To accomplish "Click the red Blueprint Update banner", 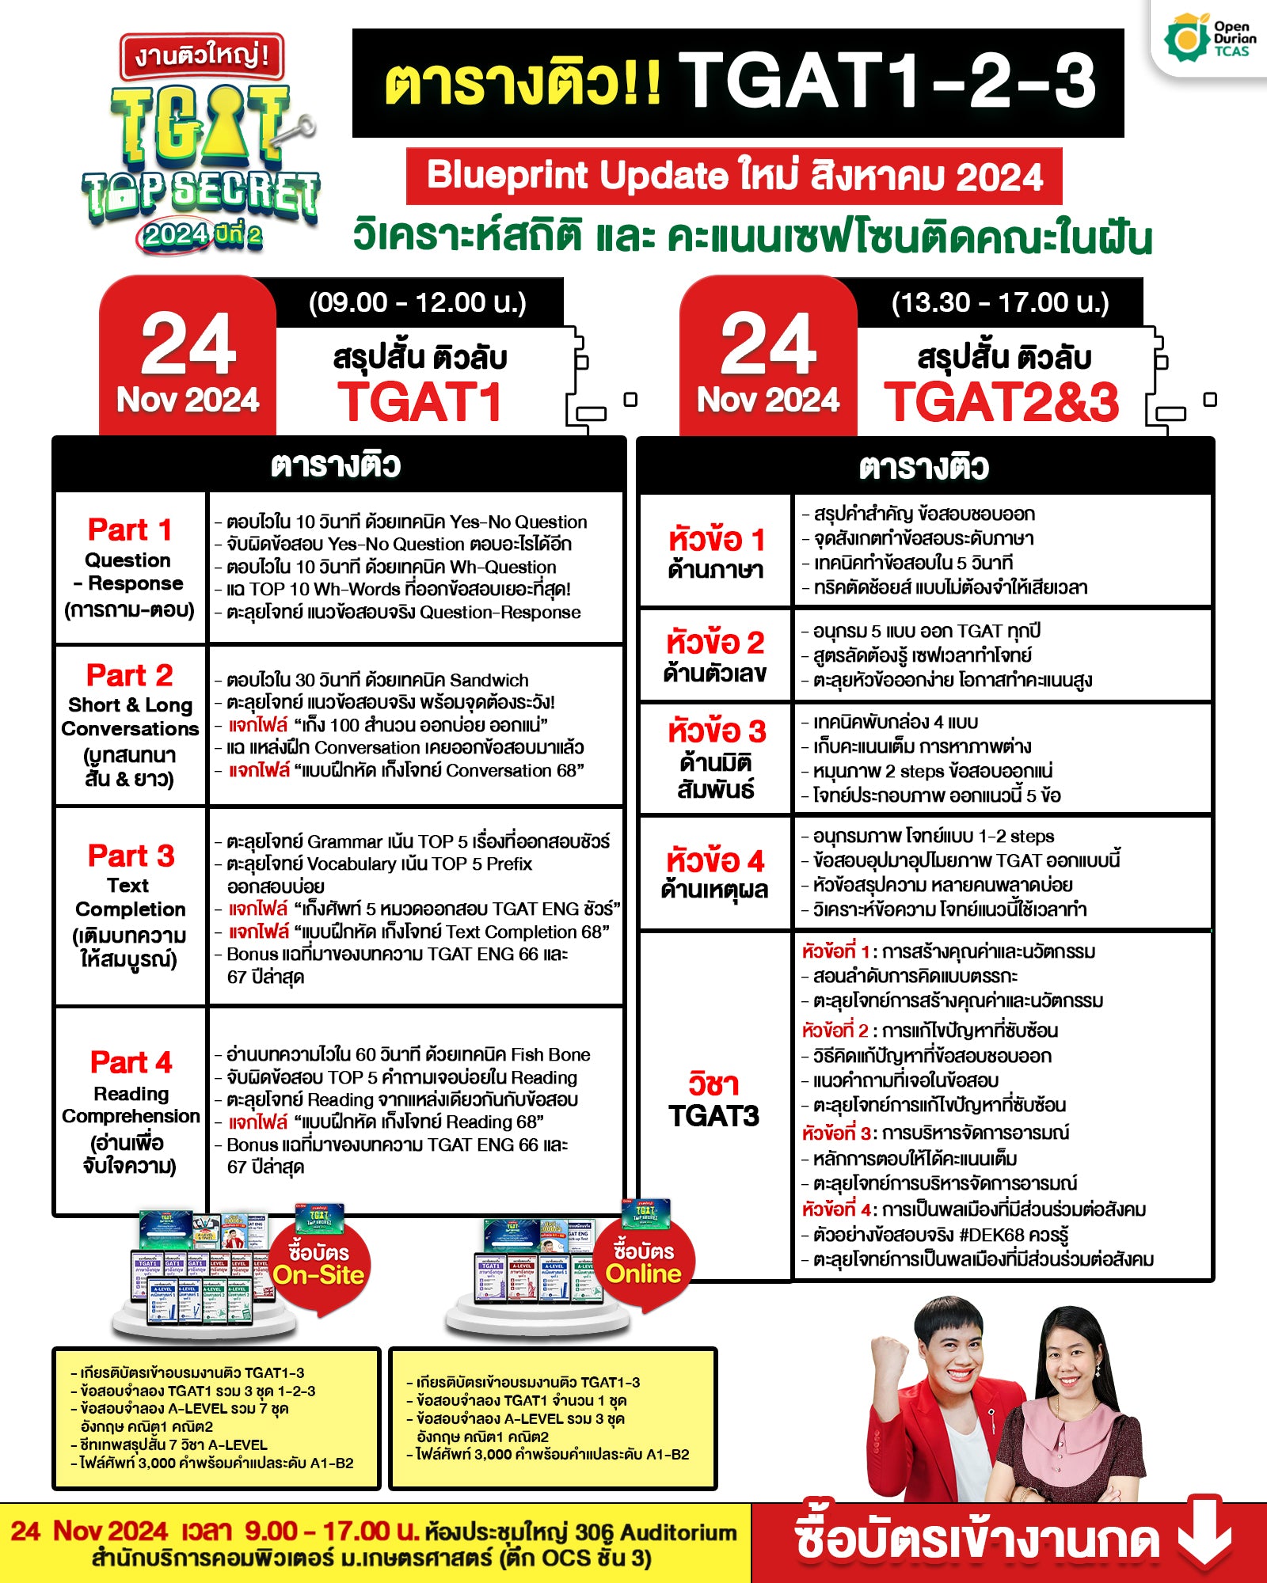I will (x=733, y=176).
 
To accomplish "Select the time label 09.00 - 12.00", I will (x=417, y=302).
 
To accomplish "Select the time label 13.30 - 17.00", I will (x=999, y=302).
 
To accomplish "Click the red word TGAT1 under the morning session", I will (x=420, y=402).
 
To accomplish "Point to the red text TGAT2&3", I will (x=1002, y=402).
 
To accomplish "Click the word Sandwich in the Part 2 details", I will (x=489, y=680).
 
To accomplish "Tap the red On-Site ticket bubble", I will (x=318, y=1263).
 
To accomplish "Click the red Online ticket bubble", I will (x=643, y=1262).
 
